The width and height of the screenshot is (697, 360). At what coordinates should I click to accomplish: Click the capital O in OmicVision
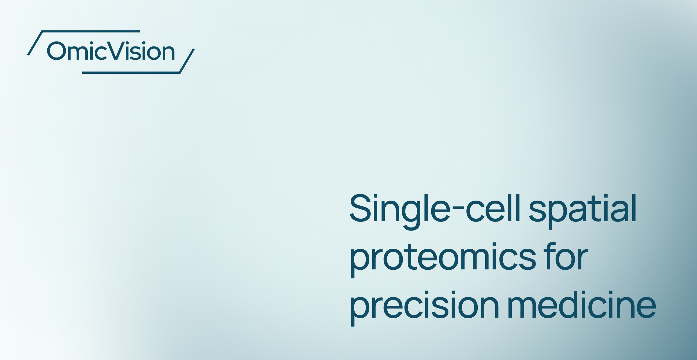pos(56,51)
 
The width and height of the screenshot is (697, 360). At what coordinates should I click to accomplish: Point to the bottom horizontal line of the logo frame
pos(131,73)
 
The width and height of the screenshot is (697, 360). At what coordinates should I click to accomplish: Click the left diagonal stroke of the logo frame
pos(35,43)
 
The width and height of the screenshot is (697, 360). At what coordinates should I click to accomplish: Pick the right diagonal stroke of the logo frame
pos(187,61)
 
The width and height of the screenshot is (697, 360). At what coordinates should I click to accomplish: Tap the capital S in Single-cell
pos(360,208)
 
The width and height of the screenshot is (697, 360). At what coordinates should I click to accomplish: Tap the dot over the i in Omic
pos(91,43)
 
